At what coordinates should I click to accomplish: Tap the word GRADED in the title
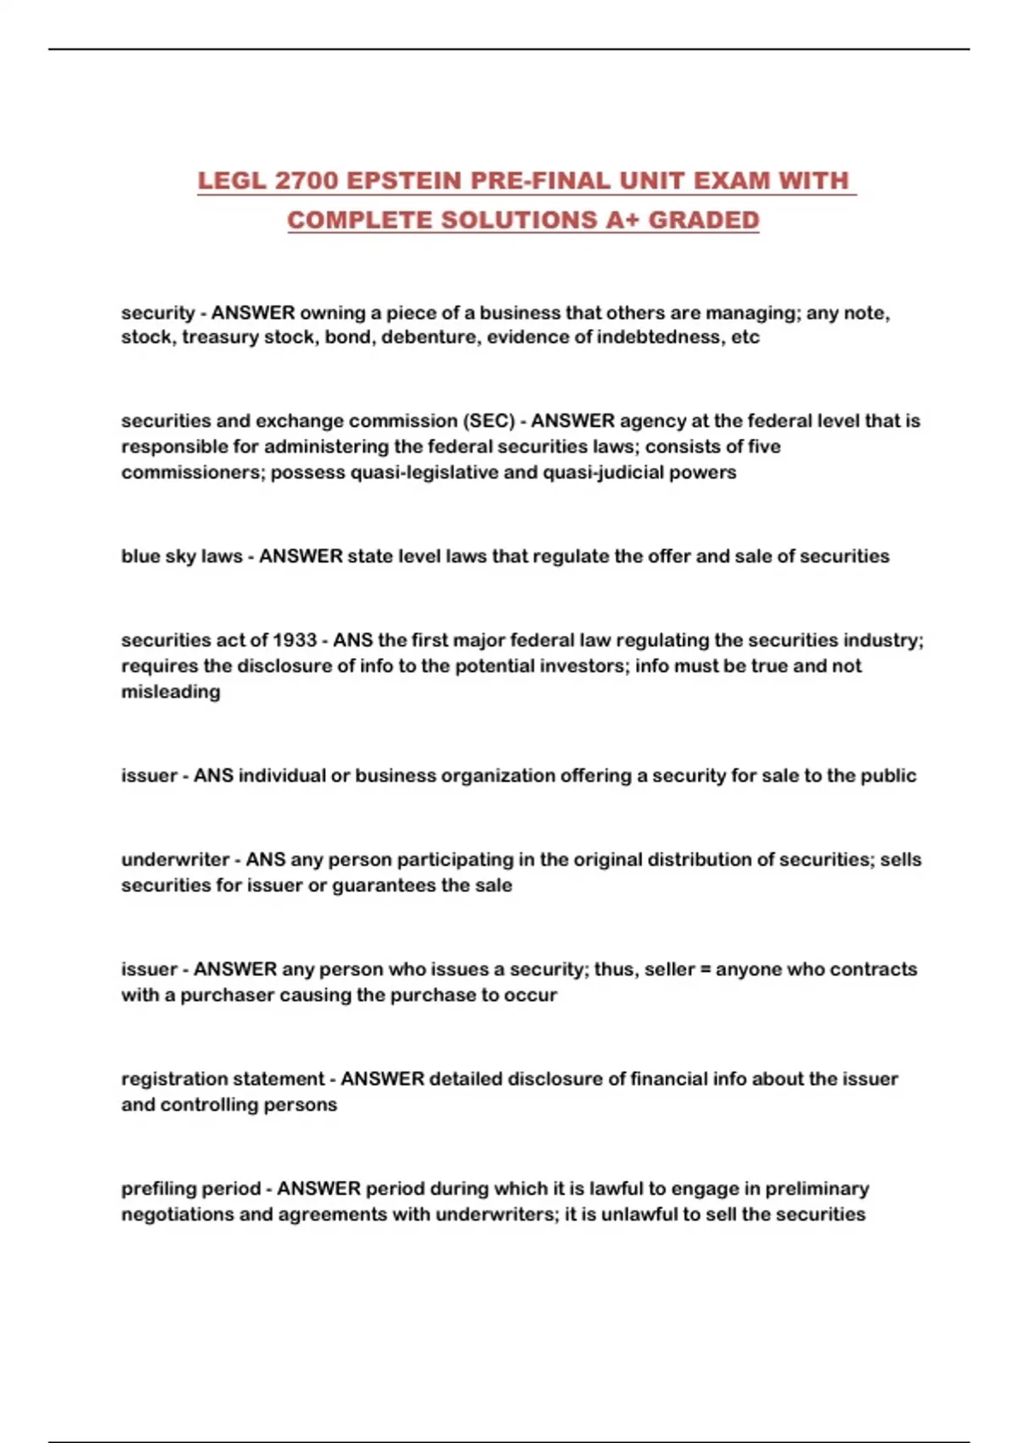point(704,220)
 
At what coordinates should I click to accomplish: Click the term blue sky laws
point(181,556)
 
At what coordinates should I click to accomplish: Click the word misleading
point(171,692)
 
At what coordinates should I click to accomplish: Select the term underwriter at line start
point(175,860)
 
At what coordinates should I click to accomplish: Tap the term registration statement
point(222,1079)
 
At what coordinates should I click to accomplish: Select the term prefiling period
point(190,1188)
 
